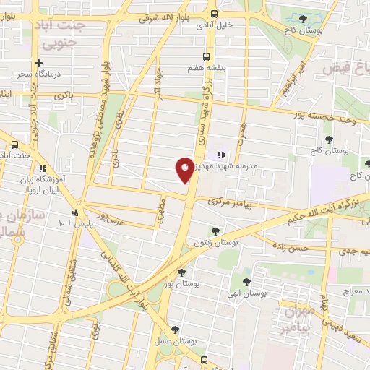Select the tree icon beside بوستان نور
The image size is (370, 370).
[182, 273]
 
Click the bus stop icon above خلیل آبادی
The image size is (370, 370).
[213, 13]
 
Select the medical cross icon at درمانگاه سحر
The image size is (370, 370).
[49, 63]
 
